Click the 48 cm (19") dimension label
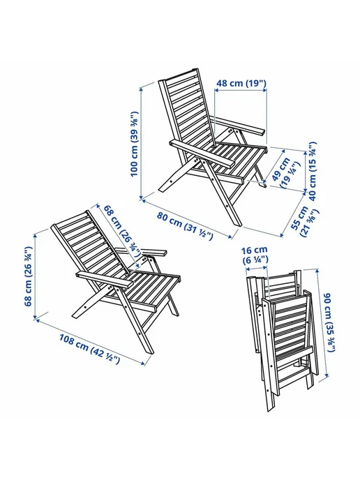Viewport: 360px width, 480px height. [x=241, y=83]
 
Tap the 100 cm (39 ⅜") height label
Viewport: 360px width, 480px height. [x=135, y=144]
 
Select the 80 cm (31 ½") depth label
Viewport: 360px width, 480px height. [x=185, y=225]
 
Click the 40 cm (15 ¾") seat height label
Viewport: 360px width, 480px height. [x=312, y=171]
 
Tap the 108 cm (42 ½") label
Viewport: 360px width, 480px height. [x=89, y=349]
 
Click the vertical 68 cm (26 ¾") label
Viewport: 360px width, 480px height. [x=28, y=276]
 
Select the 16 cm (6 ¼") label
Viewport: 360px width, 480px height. [x=255, y=255]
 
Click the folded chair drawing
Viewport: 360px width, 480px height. [x=280, y=340]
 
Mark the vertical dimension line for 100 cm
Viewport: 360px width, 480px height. [x=141, y=143]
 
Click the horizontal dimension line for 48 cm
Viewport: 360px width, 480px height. [x=240, y=90]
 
